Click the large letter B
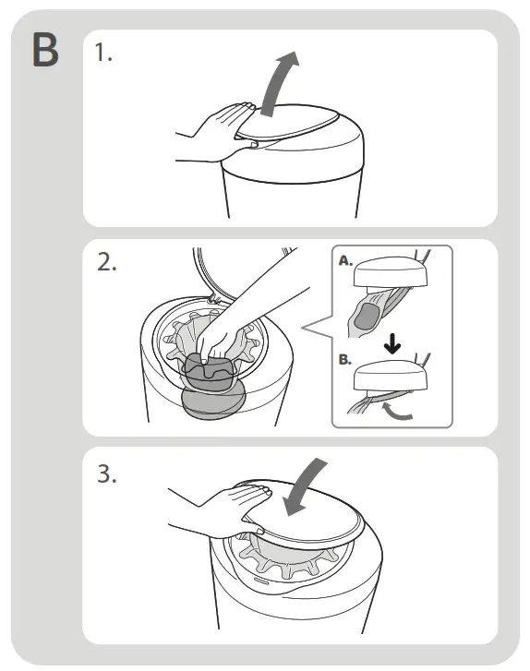tap(45, 50)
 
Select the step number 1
tap(103, 53)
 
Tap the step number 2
tap(106, 262)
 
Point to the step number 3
tap(106, 473)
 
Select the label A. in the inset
tap(345, 260)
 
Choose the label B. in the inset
tap(345, 359)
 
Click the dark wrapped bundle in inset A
tap(366, 317)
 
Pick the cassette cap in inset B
tap(391, 376)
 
